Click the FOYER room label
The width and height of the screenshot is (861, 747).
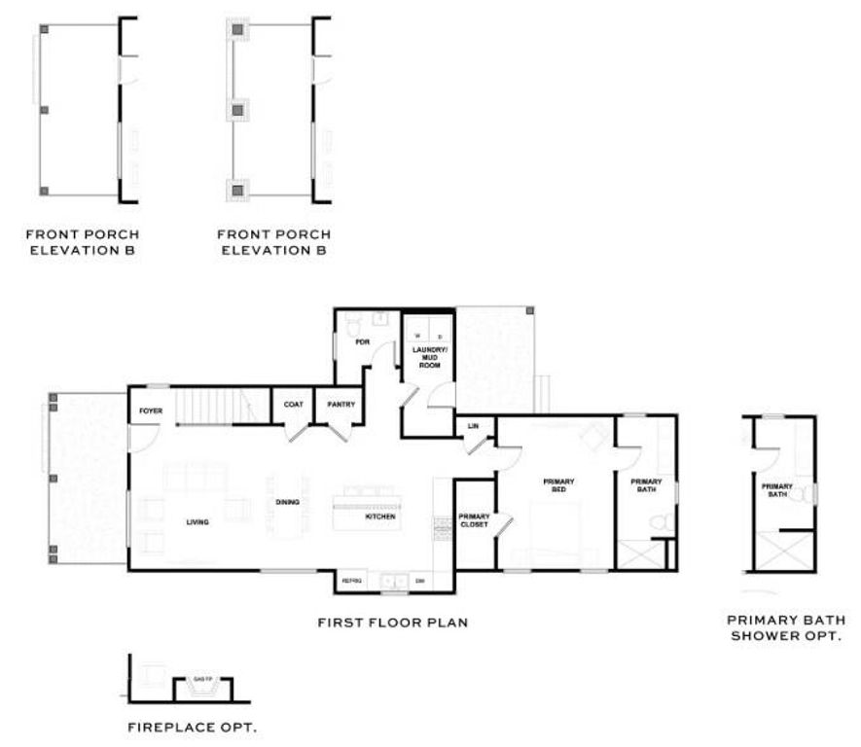click(150, 410)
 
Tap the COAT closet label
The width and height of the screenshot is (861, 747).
click(292, 405)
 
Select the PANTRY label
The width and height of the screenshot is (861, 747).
click(341, 405)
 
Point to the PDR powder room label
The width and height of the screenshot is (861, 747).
click(362, 342)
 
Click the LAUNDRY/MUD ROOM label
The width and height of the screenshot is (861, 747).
click(428, 356)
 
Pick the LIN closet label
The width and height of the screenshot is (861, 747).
click(473, 426)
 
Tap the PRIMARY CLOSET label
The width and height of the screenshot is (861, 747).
click(474, 520)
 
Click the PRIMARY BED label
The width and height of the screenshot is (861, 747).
click(559, 485)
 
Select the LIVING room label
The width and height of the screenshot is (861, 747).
click(197, 522)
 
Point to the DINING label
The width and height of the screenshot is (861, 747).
click(287, 502)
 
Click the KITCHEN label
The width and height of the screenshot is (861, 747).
click(379, 516)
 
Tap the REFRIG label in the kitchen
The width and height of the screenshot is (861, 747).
click(351, 581)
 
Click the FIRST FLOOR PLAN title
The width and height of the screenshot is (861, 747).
click(393, 621)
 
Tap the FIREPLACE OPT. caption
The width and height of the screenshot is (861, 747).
click(193, 726)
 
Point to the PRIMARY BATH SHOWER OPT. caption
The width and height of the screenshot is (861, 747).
click(786, 627)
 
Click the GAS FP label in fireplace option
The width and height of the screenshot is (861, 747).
click(202, 678)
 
